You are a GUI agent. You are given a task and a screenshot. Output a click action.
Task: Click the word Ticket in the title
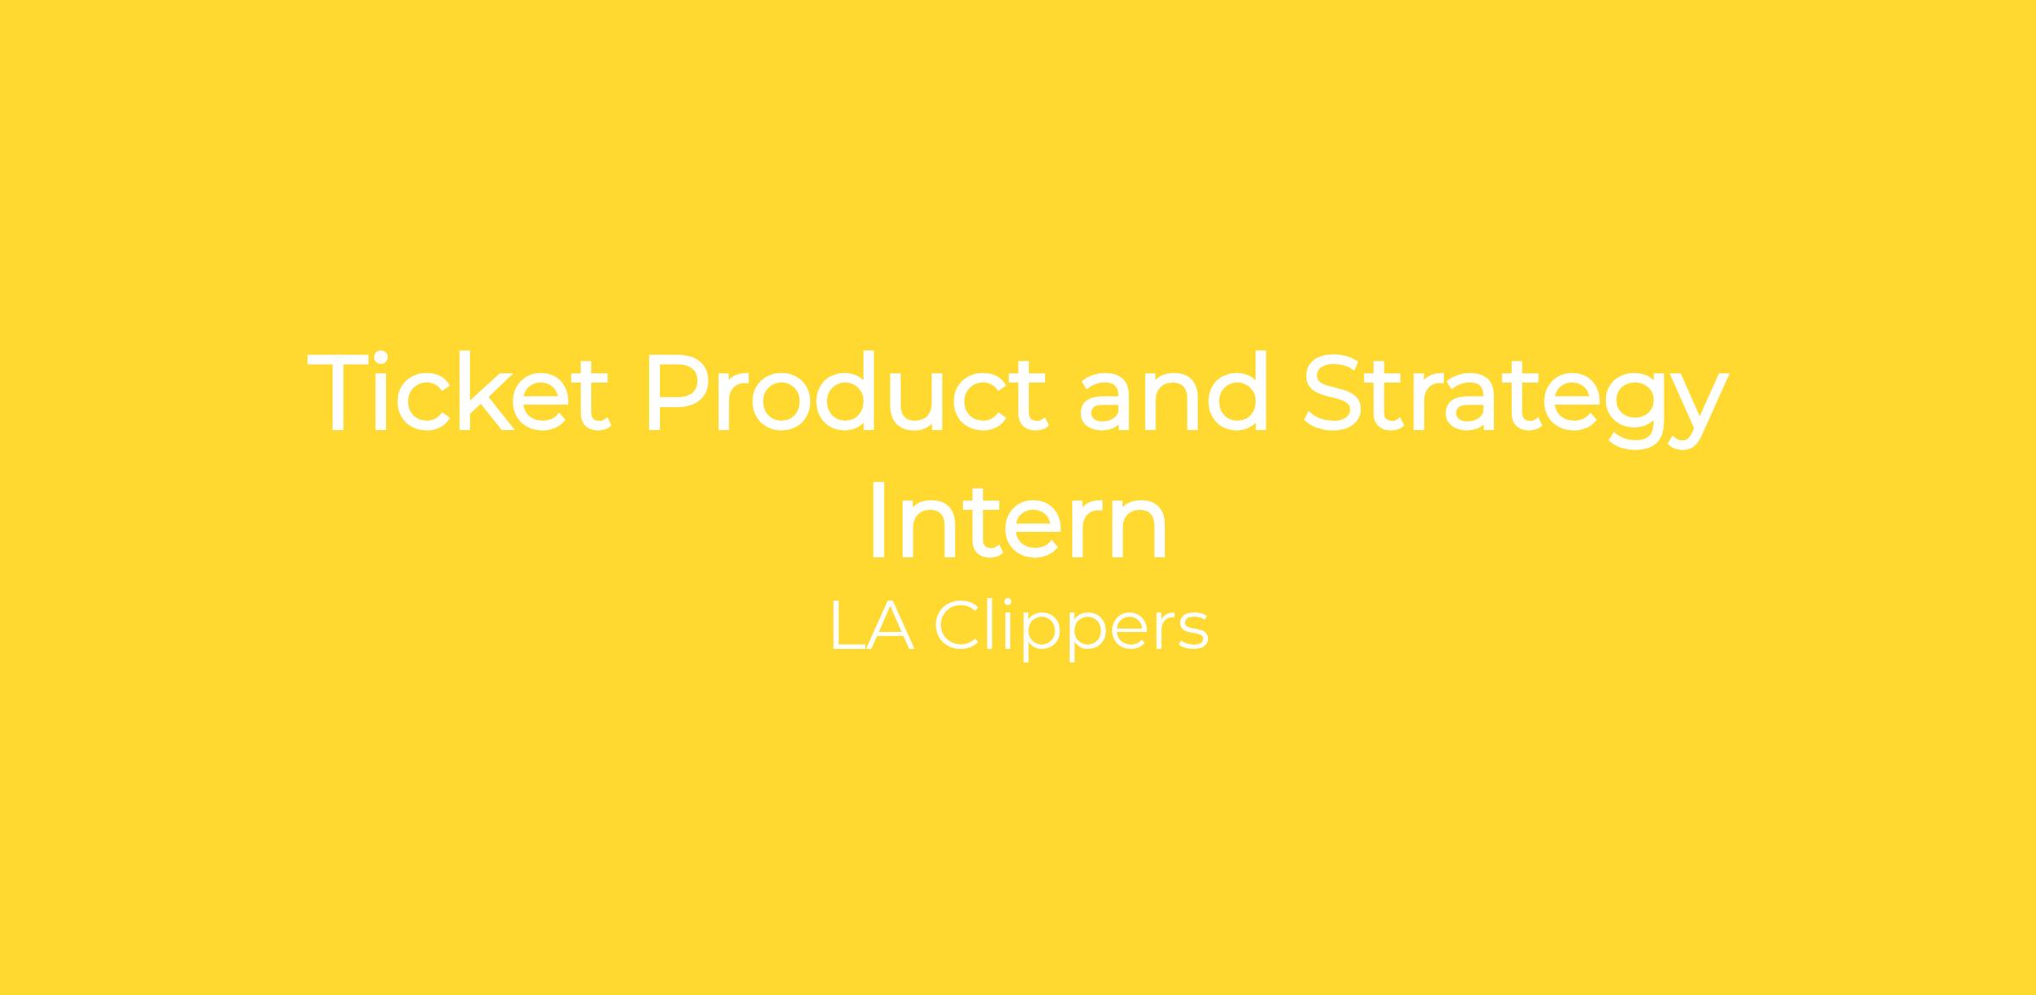coord(458,393)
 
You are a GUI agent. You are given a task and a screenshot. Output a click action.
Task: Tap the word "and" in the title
coord(1174,393)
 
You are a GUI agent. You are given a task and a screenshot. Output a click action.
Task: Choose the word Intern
coord(1018,520)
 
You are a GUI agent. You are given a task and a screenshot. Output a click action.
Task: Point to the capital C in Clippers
coord(957,625)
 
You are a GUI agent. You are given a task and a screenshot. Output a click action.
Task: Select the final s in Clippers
coord(1194,634)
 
